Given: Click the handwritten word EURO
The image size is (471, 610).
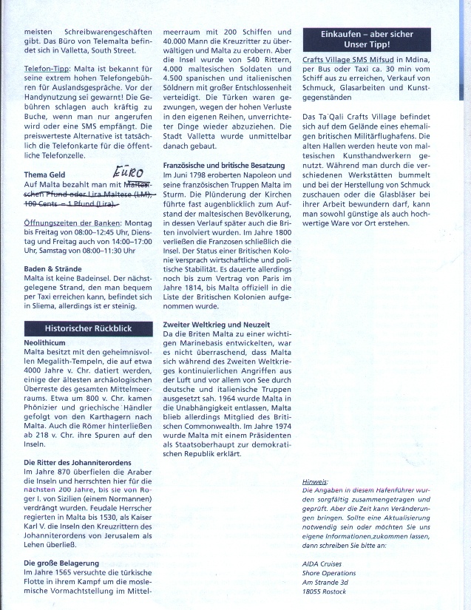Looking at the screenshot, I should point(129,173).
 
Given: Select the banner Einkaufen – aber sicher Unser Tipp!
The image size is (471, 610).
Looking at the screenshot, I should point(367,39).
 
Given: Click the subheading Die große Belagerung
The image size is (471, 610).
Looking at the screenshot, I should point(61,562).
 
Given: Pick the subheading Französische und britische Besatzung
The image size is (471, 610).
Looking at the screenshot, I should point(224,164).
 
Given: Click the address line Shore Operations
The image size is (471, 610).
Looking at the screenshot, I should point(329,572).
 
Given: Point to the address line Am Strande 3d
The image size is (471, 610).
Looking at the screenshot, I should point(327,581).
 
